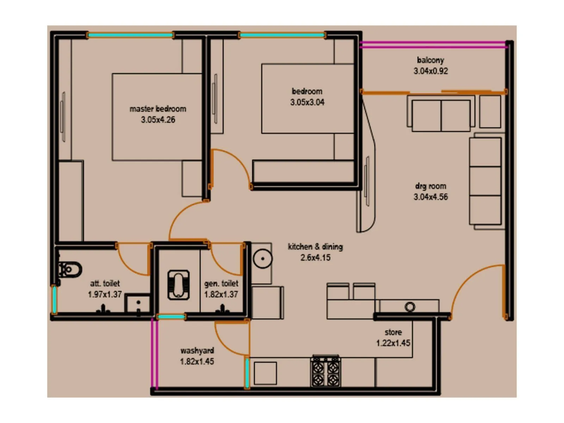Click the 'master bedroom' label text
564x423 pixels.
coord(158,109)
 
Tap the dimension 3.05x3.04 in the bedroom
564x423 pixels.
coord(307,102)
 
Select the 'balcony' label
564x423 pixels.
coord(430,60)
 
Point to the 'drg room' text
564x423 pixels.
coord(430,186)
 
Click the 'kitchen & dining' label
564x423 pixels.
coord(315,246)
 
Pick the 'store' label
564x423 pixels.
coord(393,332)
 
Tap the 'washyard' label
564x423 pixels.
coord(197,350)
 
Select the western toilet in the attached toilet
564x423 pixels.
coord(70,270)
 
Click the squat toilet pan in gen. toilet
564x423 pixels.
coord(178,285)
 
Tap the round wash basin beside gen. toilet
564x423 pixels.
coord(262,259)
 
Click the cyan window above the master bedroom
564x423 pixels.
coord(130,35)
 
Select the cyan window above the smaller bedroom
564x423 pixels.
coord(282,35)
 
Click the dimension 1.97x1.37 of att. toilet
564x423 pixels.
coord(105,294)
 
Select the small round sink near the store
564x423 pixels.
coord(410,307)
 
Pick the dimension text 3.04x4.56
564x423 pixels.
coord(430,197)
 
